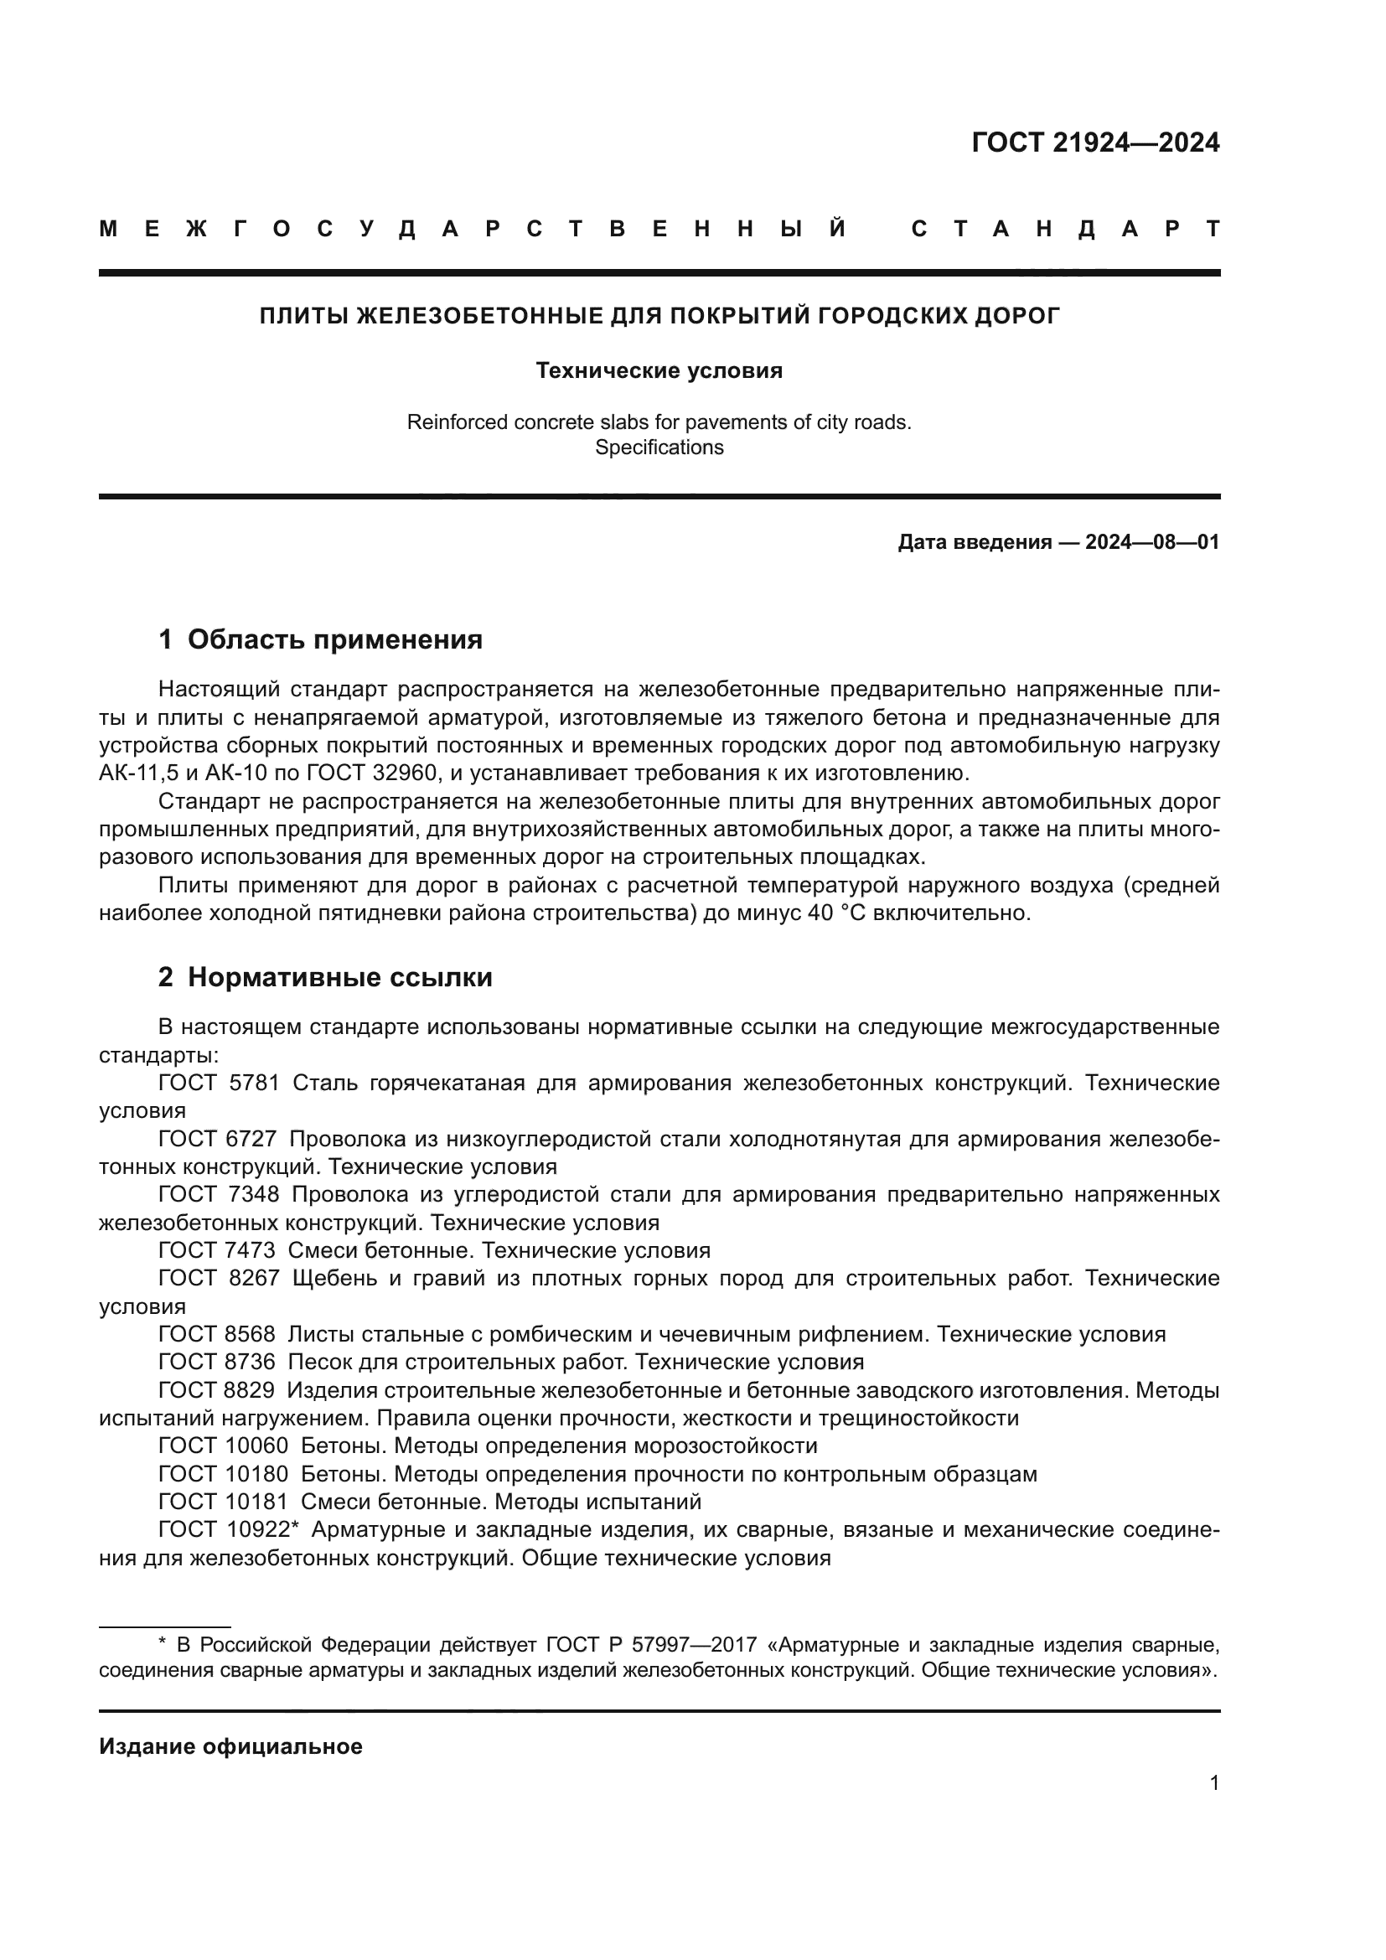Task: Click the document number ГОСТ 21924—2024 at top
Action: (1095, 142)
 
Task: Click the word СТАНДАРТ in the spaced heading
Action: (1065, 229)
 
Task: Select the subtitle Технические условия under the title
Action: (659, 370)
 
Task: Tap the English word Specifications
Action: (659, 447)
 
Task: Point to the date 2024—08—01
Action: (1152, 542)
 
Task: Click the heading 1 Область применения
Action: (320, 639)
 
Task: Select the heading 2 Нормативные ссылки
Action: (325, 977)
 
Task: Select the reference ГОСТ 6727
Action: (218, 1139)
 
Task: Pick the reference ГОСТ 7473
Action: (218, 1250)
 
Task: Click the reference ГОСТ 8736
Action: (218, 1362)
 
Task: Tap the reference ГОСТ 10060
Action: (224, 1445)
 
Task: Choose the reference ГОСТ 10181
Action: (224, 1501)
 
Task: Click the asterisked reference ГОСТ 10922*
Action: (228, 1529)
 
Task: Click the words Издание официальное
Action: (230, 1746)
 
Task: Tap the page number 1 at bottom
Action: (1213, 1799)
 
